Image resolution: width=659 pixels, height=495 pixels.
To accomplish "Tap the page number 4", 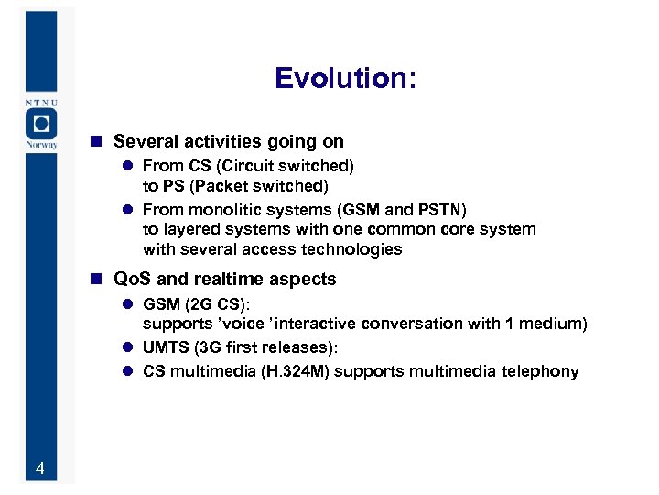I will [39, 469].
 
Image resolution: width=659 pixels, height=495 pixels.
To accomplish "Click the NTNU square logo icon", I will [40, 123].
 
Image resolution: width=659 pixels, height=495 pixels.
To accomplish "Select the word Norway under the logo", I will [40, 145].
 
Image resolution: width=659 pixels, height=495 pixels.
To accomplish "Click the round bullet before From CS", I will [129, 167].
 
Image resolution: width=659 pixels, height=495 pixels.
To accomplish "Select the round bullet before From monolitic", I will [129, 209].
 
